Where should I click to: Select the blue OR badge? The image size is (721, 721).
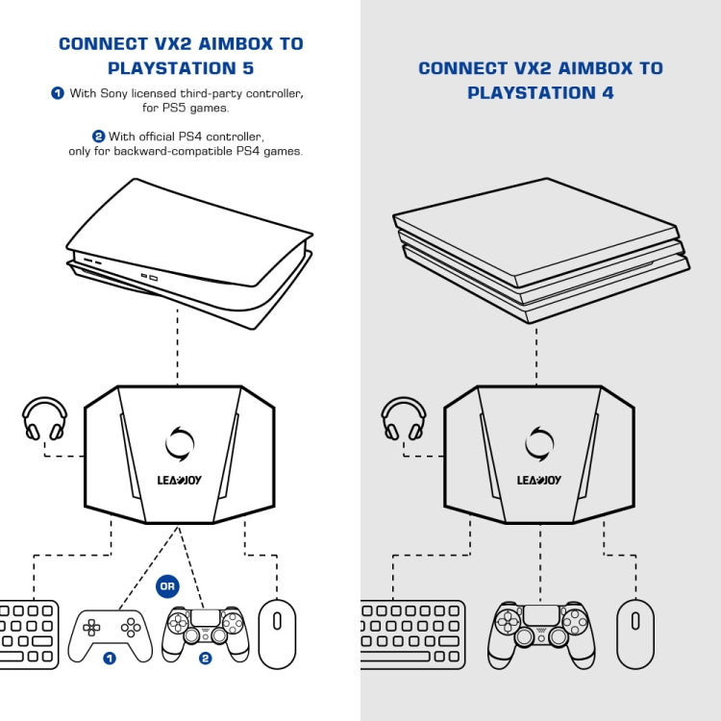[x=167, y=586]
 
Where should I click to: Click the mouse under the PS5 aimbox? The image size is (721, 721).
[x=277, y=634]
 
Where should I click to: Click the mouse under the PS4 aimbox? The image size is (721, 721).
[x=635, y=634]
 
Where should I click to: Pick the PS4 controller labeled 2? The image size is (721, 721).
[x=205, y=631]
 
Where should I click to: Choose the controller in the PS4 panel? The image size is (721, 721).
[x=541, y=631]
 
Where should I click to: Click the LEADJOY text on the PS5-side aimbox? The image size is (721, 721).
[x=180, y=480]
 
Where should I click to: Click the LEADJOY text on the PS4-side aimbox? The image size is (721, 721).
[x=539, y=480]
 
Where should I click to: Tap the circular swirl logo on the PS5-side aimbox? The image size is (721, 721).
[x=180, y=443]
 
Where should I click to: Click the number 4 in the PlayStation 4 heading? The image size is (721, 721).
[x=608, y=93]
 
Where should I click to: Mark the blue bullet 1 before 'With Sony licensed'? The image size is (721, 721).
[x=58, y=93]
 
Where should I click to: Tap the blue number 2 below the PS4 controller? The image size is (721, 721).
[x=205, y=659]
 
